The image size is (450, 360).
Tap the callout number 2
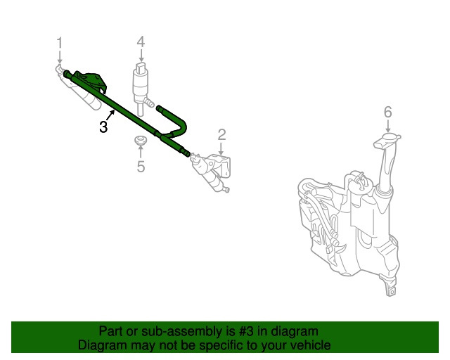point(221,134)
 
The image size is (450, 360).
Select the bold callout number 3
point(103,127)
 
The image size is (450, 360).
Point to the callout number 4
point(141,41)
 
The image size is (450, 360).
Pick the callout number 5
point(141,167)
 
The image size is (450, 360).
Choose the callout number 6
point(387,111)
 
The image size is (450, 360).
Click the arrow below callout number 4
point(141,56)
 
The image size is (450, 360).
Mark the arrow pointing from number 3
point(112,115)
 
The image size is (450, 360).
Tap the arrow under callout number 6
point(387,125)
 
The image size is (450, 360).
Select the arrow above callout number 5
point(141,153)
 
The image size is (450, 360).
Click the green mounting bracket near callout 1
point(91,79)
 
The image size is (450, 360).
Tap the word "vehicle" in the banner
point(309,345)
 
